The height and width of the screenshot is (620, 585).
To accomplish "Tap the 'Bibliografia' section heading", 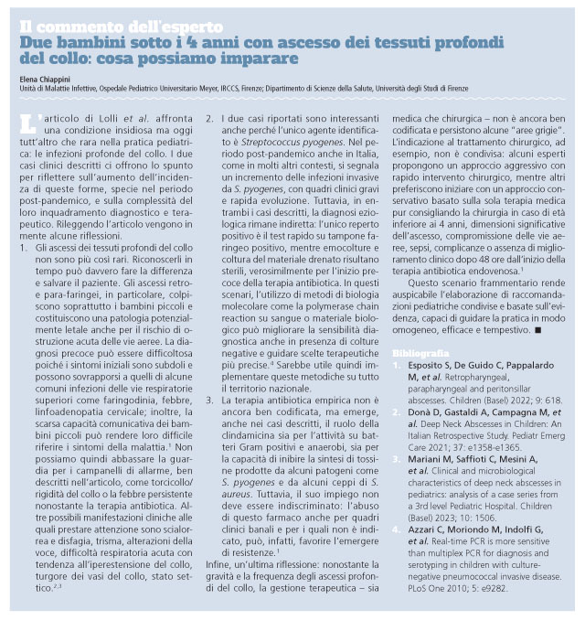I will pyautogui.click(x=420, y=353).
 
